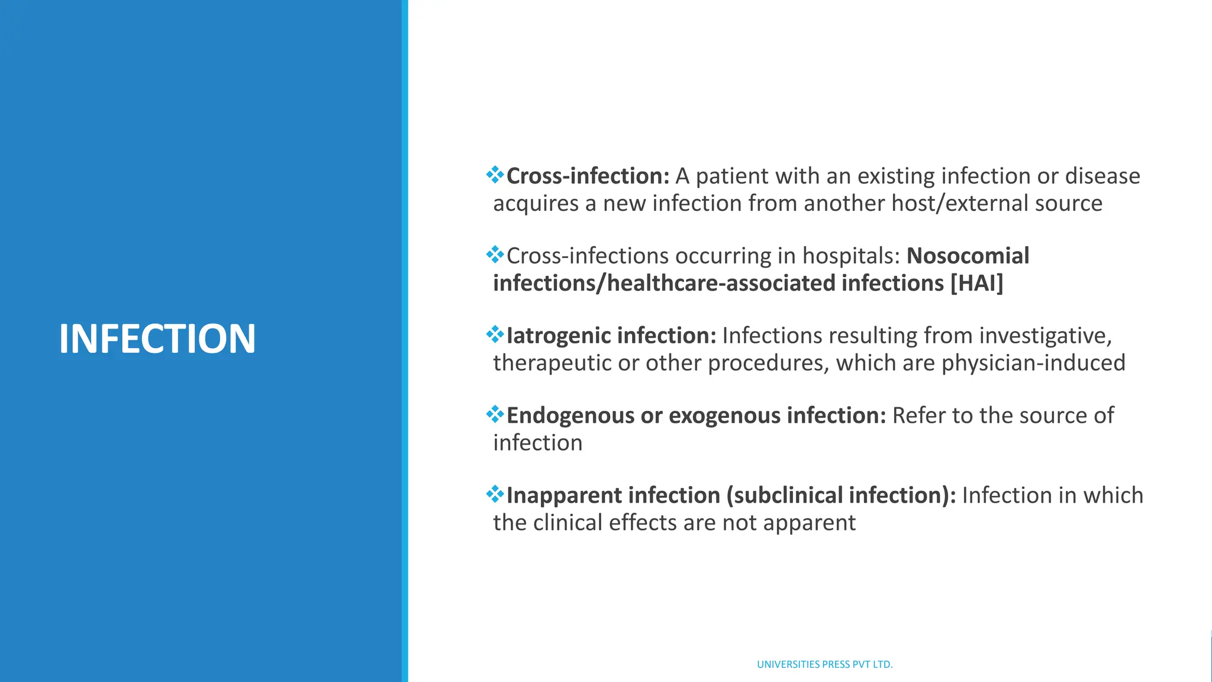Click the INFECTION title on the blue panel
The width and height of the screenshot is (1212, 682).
157,339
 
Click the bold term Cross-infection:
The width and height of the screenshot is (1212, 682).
588,176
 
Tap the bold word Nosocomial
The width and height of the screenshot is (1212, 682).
968,256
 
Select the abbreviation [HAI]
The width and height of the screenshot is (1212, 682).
976,283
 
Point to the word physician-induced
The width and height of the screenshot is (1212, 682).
1033,363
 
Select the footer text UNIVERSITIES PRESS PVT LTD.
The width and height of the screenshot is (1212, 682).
824,664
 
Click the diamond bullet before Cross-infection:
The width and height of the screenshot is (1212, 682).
495,175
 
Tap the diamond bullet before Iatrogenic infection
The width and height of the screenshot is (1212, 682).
495,334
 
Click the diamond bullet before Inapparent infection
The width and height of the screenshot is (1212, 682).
495,494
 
